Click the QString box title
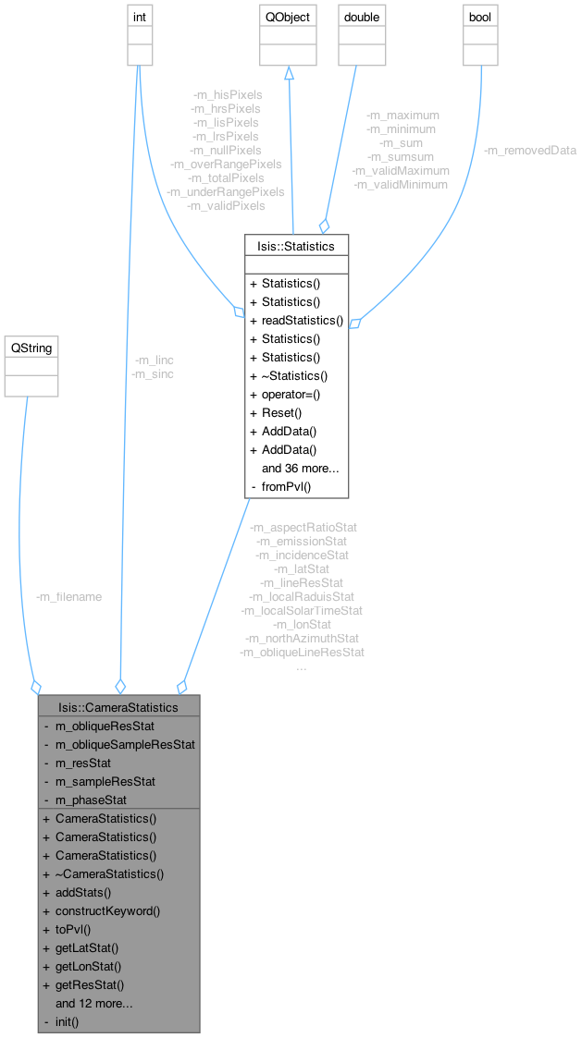(x=31, y=348)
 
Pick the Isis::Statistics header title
(x=296, y=245)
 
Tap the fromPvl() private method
(x=290, y=486)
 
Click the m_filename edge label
(x=68, y=596)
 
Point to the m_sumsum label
(x=402, y=156)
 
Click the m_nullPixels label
(x=227, y=150)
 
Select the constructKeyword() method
(x=107, y=910)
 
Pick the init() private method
(x=68, y=1021)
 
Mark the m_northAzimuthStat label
(x=302, y=638)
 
